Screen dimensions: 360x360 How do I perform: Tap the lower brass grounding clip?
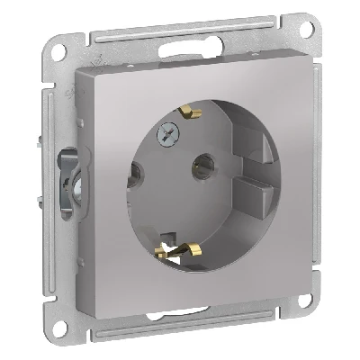tap(176, 245)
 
